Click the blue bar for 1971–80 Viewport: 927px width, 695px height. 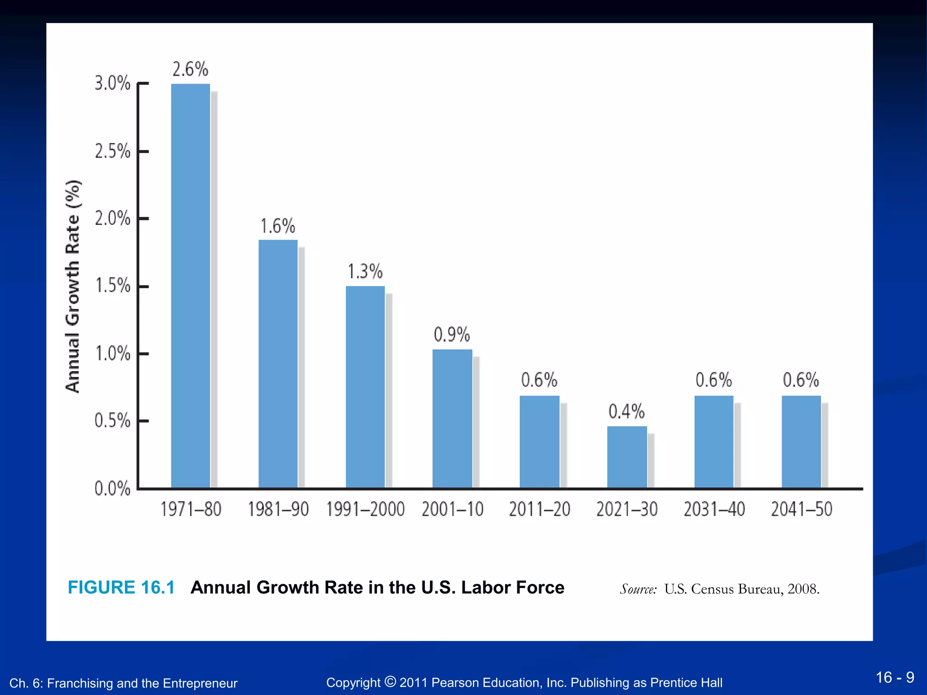[x=191, y=285]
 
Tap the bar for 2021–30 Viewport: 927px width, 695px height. [x=627, y=457]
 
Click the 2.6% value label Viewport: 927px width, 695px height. [x=191, y=69]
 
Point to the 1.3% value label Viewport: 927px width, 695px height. [x=365, y=271]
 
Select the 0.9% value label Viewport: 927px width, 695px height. [x=452, y=335]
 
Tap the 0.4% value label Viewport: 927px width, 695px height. [x=626, y=412]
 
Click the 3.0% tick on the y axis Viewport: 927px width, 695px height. [x=112, y=83]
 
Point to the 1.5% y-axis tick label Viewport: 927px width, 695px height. [x=112, y=286]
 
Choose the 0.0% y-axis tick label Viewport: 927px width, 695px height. [x=112, y=489]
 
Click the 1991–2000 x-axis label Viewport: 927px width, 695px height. [x=365, y=509]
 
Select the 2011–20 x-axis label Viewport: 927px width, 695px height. [x=540, y=509]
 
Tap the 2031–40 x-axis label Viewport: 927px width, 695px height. [x=714, y=509]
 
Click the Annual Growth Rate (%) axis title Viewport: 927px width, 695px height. [x=73, y=286]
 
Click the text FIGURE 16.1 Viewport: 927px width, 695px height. [x=121, y=587]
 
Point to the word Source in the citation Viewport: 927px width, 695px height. [x=638, y=589]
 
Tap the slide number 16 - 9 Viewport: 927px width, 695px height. [x=894, y=677]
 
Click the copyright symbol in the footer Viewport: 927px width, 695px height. [x=390, y=681]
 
